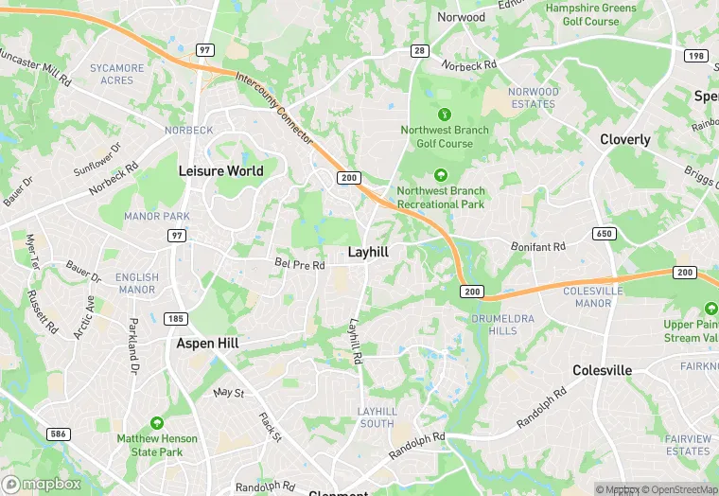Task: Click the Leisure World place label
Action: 220,170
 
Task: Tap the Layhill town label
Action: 370,253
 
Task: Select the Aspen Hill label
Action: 207,344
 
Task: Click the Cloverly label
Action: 625,139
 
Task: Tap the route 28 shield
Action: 419,50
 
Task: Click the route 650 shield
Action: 604,233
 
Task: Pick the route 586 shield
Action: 59,434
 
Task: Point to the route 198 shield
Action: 696,57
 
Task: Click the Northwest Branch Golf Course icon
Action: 444,114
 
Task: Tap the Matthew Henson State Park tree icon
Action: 156,423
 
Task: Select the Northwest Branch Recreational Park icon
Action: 440,175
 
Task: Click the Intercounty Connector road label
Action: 274,109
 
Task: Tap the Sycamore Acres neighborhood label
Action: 117,74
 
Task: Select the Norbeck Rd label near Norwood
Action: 470,65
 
